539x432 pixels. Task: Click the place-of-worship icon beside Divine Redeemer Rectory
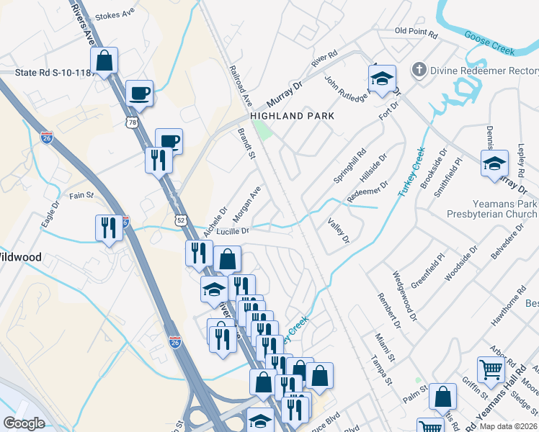418,70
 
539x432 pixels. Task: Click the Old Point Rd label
416,33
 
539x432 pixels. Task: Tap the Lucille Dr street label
232,231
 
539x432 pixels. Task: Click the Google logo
24,423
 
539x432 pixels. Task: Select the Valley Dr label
339,230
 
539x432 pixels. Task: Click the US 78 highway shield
131,123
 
